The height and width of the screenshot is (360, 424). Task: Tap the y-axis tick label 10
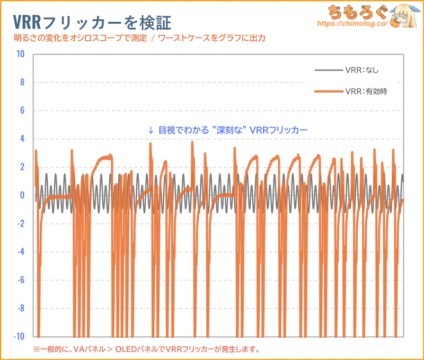pos(21,54)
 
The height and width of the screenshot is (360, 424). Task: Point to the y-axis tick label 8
pos(22,82)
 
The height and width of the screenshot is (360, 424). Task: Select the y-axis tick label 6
pos(22,111)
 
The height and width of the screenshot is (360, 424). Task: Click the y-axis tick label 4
pos(22,139)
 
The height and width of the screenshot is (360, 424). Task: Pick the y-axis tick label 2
pos(22,167)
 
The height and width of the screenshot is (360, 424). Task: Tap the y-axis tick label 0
pos(22,195)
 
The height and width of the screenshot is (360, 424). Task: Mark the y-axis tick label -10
pos(20,336)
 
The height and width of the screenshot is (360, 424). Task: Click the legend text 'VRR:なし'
pos(362,70)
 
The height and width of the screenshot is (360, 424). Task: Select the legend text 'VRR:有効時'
pos(366,92)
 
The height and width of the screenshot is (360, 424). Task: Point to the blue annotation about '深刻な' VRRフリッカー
pos(227,130)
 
